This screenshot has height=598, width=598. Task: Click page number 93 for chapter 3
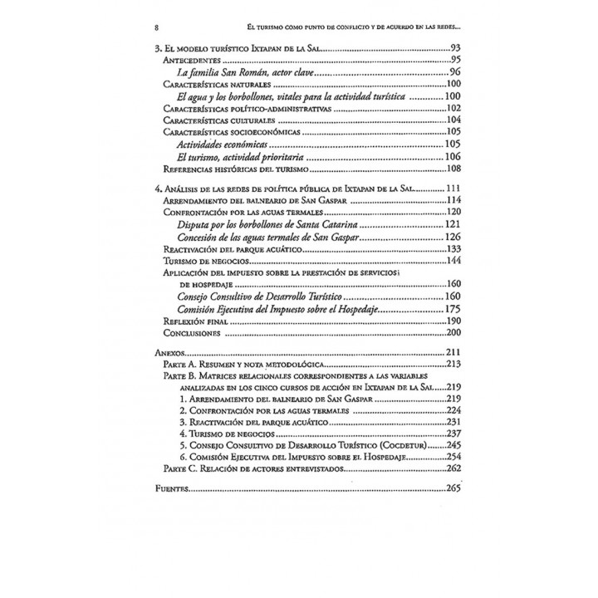[453, 49]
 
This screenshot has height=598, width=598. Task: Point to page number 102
[453, 109]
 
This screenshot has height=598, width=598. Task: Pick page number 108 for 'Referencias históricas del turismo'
[453, 169]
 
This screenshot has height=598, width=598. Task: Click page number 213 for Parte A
[452, 365]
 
